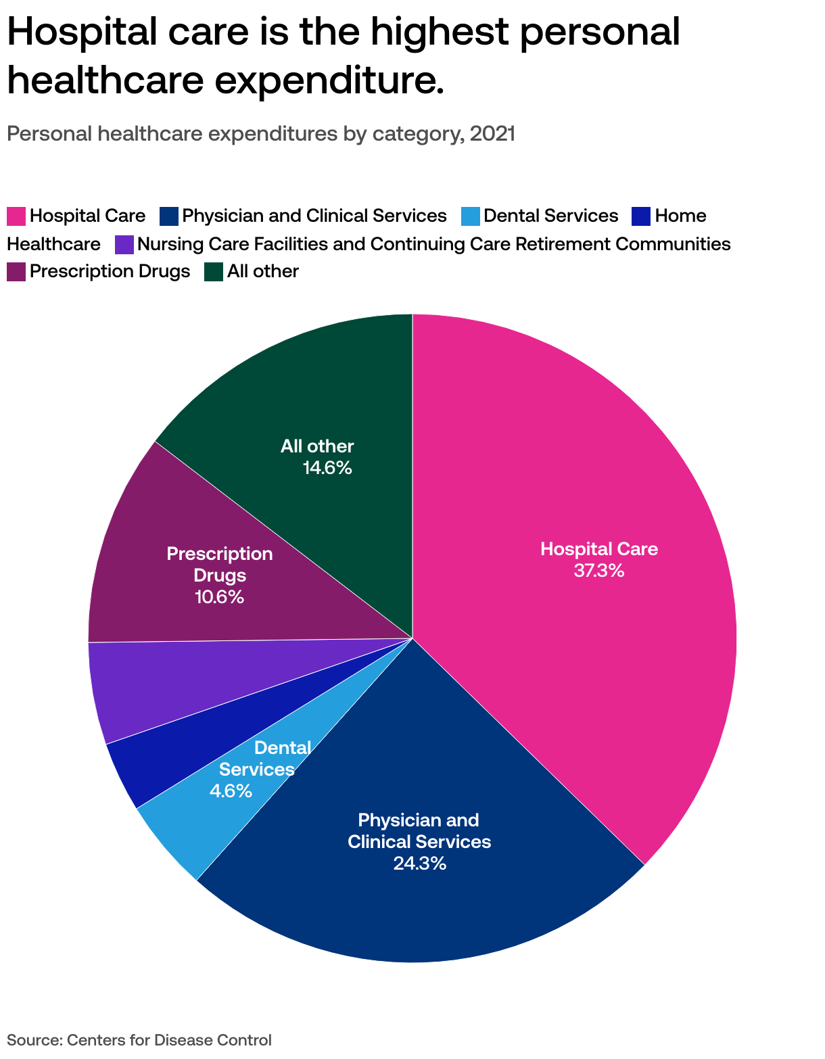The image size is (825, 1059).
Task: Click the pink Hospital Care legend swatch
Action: click(16, 216)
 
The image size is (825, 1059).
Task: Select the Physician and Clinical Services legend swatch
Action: click(169, 216)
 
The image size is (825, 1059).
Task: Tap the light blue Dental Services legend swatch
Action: click(471, 216)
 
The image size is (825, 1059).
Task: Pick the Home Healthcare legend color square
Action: click(641, 216)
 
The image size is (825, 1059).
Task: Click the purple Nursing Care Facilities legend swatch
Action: click(124, 244)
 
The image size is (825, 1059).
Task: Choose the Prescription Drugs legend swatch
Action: click(16, 272)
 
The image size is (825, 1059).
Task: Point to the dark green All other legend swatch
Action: click(214, 272)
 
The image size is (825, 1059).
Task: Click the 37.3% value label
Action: click(598, 571)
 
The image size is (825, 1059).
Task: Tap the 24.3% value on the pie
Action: click(419, 864)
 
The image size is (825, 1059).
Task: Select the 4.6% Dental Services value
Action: click(231, 791)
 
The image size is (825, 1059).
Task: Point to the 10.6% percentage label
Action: click(219, 597)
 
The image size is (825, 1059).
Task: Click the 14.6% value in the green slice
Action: click(327, 468)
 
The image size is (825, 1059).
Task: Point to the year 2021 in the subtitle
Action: click(492, 134)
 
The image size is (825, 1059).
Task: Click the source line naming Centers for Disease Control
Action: click(139, 1040)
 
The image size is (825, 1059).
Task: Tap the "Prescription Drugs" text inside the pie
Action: click(220, 565)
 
